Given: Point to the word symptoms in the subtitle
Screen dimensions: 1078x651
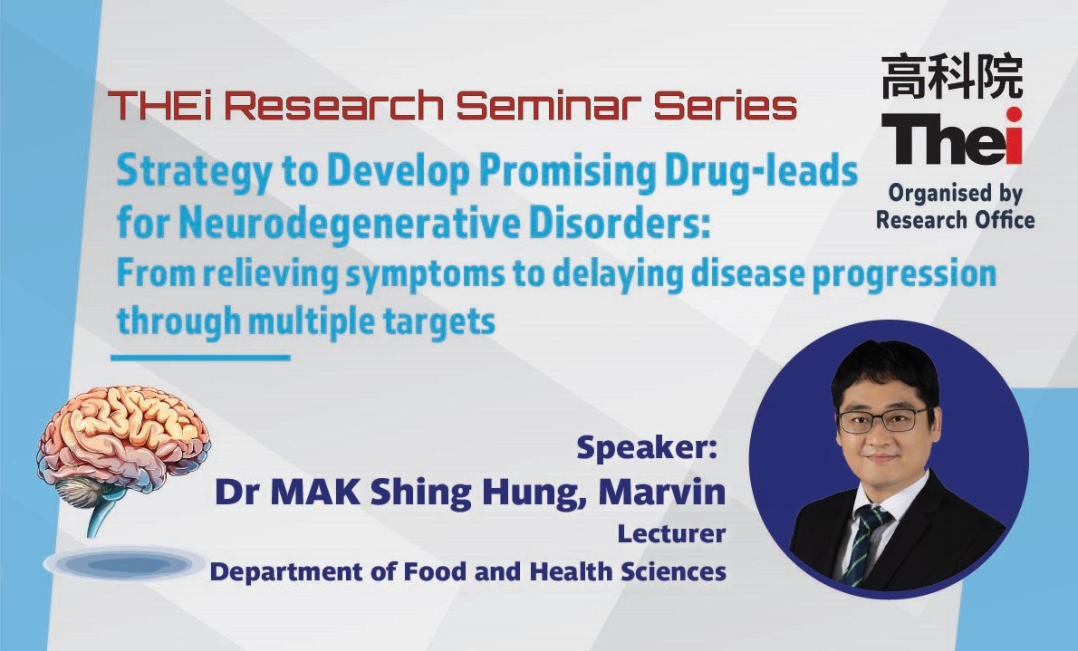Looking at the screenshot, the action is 425,274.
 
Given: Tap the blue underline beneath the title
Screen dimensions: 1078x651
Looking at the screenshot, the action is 200,358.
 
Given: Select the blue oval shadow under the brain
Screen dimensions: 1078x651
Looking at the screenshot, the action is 124,564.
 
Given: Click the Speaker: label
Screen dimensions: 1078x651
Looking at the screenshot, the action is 646,447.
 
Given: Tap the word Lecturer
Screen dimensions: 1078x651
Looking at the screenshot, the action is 671,534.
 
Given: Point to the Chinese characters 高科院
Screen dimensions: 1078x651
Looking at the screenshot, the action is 952,76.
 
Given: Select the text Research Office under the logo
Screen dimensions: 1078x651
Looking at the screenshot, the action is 955,220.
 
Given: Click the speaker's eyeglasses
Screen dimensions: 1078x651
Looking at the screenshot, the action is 885,419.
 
